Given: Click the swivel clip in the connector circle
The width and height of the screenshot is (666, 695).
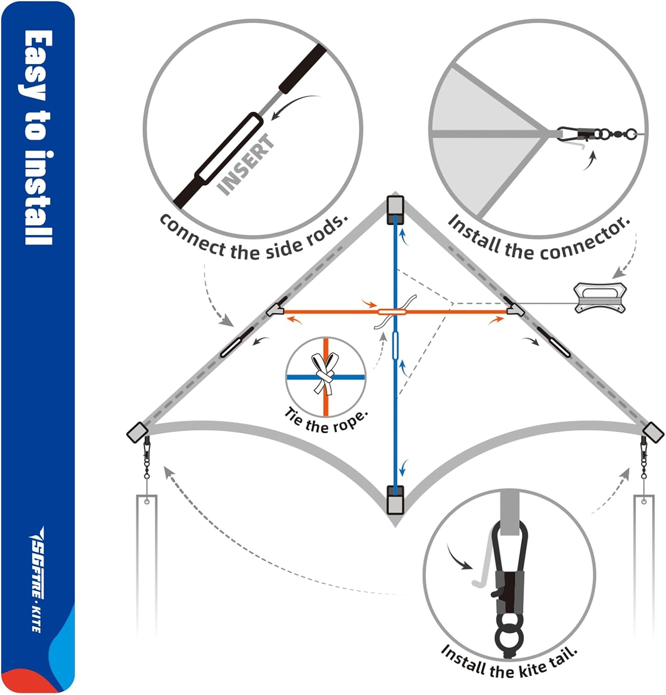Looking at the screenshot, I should pos(597,134).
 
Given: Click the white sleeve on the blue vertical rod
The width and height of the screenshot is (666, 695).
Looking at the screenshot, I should pos(395,345).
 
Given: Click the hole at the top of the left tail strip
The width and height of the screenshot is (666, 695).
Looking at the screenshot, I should pos(147,501).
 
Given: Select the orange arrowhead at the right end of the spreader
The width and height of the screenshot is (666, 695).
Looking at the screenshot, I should pos(498,319).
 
